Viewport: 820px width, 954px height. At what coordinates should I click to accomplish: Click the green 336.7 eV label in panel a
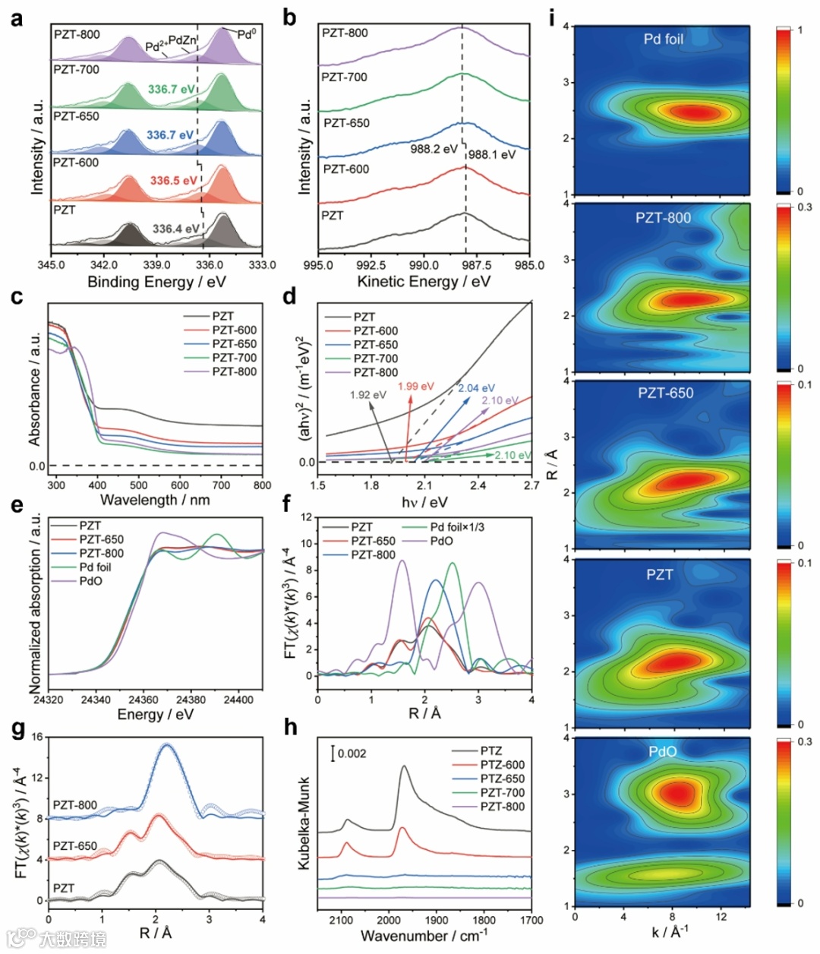coord(171,90)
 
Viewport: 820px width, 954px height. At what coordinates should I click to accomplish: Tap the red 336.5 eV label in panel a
coord(173,181)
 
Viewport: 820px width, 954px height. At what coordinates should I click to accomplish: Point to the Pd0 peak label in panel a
coord(247,34)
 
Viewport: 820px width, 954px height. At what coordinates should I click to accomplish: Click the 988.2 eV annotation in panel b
coord(434,149)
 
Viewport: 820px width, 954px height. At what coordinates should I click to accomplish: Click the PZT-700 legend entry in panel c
coord(235,358)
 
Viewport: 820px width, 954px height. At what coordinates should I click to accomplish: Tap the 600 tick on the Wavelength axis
coord(180,485)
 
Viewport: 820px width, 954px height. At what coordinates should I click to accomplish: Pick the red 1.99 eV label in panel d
coord(416,387)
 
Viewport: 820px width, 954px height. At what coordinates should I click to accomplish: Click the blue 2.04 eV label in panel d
coord(476,388)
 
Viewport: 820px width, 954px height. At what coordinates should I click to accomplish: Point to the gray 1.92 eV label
coord(368,395)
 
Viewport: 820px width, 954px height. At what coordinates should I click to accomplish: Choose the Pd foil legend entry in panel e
coord(95,567)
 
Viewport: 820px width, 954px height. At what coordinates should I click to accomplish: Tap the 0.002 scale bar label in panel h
coord(352,753)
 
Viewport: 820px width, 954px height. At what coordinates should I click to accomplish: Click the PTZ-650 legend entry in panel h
coord(502,779)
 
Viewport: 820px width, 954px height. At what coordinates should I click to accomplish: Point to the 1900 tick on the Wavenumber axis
coord(437,920)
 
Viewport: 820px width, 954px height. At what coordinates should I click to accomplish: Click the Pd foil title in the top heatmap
coord(664,39)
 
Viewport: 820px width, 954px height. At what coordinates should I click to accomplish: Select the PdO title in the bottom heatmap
coord(663,751)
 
